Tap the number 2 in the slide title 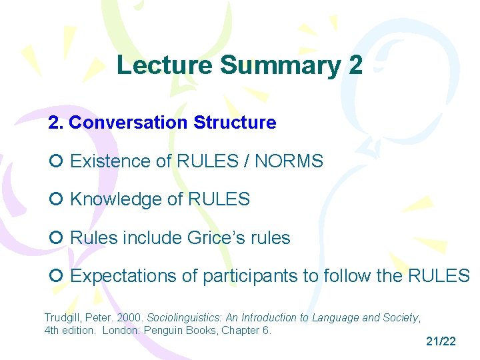point(355,65)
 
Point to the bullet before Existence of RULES point(56,161)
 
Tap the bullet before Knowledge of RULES point(56,199)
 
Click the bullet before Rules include point(56,238)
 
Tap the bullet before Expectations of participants point(56,276)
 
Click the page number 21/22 point(441,341)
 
